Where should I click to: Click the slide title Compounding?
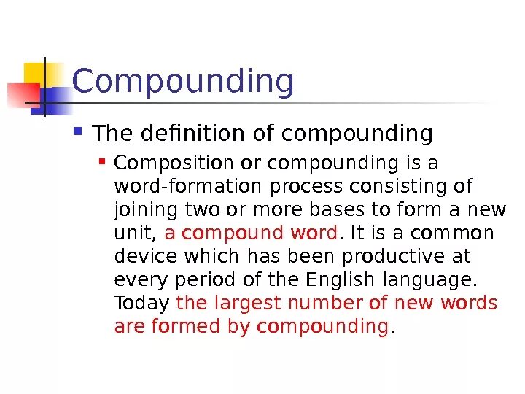(x=183, y=82)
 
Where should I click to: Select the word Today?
(x=142, y=304)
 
